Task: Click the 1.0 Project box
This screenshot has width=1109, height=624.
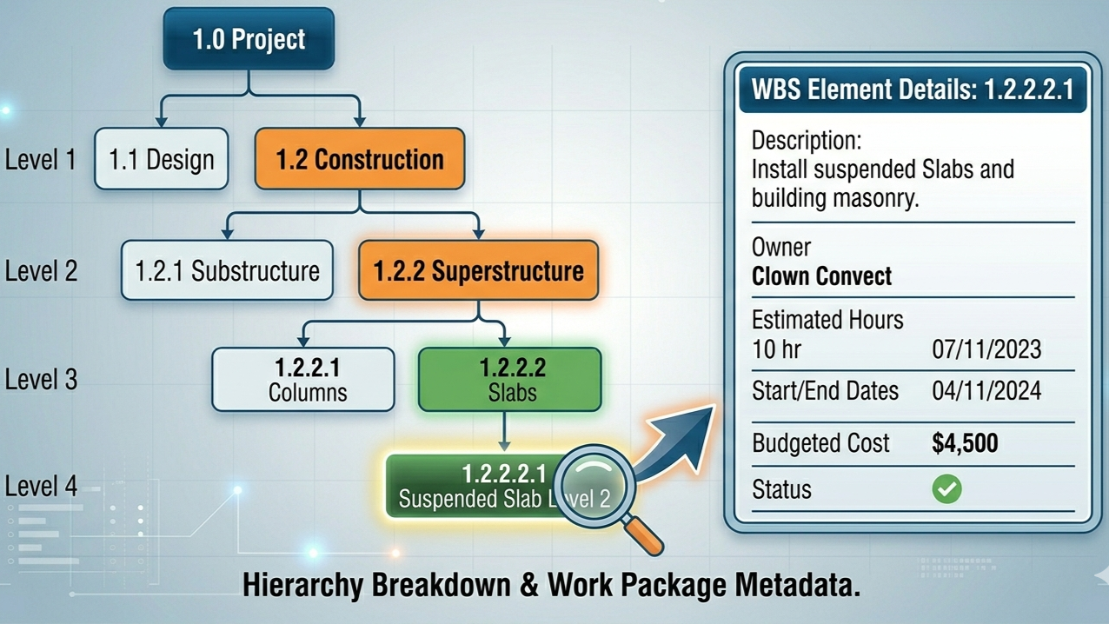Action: click(x=249, y=39)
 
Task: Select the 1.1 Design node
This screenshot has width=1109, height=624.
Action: click(x=162, y=159)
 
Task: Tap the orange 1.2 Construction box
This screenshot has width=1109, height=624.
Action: click(x=360, y=159)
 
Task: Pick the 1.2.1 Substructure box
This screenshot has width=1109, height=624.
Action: click(x=227, y=270)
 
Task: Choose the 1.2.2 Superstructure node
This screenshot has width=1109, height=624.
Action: click(x=478, y=270)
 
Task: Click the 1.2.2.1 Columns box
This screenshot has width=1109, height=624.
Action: click(x=303, y=380)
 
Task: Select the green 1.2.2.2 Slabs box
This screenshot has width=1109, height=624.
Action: click(x=510, y=380)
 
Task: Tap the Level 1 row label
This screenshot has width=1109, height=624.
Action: click(x=40, y=160)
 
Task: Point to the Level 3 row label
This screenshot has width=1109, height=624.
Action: click(x=40, y=380)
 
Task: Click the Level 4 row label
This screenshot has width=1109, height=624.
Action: click(x=40, y=487)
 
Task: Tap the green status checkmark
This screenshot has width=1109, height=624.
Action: click(x=946, y=489)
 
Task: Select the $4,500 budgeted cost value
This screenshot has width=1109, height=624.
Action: click(x=965, y=443)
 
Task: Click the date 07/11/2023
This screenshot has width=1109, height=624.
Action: click(x=986, y=350)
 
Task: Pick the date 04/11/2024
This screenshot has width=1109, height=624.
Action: click(x=986, y=391)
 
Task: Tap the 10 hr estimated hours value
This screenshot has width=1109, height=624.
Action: click(x=776, y=350)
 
